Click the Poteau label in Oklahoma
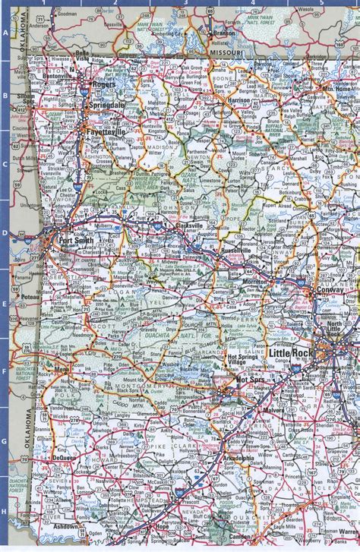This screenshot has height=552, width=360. click(x=29, y=299)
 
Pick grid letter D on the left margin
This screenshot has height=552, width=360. click(x=5, y=233)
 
